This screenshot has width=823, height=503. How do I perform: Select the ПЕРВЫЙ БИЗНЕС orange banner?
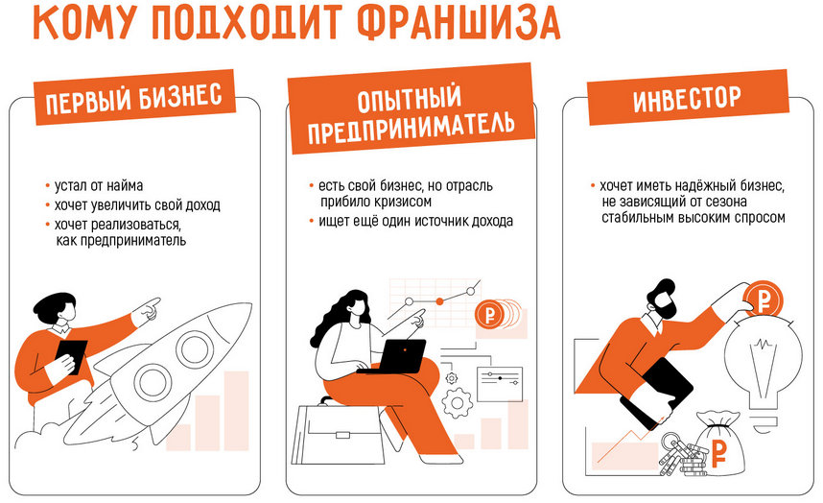tap(135, 98)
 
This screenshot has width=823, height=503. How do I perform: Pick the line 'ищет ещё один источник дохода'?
tap(414, 222)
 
